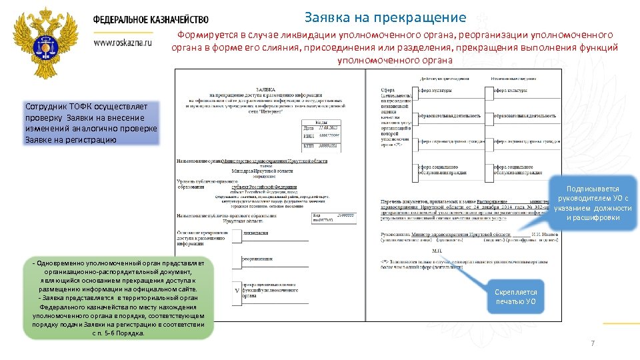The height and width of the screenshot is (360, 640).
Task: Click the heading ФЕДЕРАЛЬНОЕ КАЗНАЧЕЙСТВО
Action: tap(151, 20)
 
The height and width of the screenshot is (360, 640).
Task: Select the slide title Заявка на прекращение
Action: tap(385, 17)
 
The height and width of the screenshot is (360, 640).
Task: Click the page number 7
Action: tap(592, 343)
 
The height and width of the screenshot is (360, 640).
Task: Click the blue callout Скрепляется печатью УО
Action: tap(515, 297)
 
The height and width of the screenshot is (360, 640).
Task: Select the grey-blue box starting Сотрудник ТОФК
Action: tap(91, 123)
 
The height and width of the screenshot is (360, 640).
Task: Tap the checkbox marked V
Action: tap(237, 291)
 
